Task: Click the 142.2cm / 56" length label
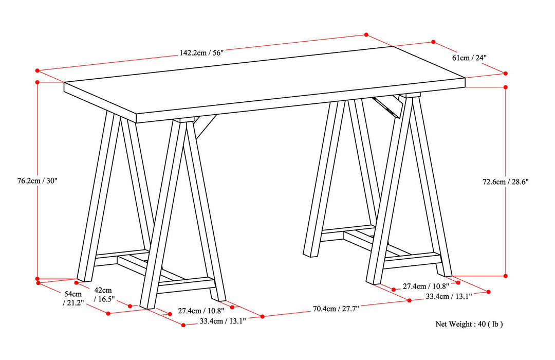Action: (x=201, y=52)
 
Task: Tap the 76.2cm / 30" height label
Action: (x=33, y=181)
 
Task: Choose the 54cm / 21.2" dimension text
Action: (x=72, y=298)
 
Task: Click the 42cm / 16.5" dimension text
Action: (x=104, y=295)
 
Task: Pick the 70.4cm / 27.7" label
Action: (x=336, y=309)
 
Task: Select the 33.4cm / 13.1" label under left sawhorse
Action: (x=223, y=321)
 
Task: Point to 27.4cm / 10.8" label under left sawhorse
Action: (x=201, y=311)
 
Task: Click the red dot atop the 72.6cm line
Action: (x=506, y=87)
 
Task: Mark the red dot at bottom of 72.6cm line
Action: (x=506, y=276)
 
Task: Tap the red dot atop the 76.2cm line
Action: (x=38, y=82)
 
